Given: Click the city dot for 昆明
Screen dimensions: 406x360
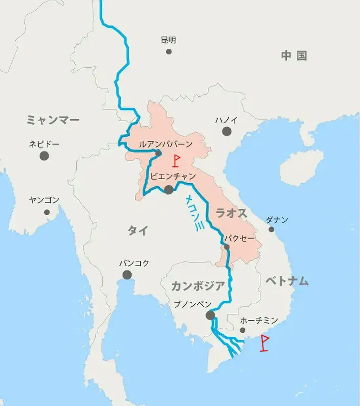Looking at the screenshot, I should [x=168, y=51].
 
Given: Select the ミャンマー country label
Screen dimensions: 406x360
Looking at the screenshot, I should [x=53, y=120].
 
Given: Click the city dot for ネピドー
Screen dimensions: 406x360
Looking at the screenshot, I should [x=44, y=156].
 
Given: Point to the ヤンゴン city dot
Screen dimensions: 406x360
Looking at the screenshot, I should [x=47, y=212].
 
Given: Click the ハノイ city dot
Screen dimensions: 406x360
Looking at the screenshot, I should [x=226, y=132].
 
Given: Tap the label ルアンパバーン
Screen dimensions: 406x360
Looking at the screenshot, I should [x=166, y=144].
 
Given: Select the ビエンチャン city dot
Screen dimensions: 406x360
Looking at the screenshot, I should [x=168, y=190].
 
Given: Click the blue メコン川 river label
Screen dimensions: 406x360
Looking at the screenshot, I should [x=194, y=214].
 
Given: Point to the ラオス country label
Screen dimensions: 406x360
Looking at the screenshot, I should [x=232, y=213].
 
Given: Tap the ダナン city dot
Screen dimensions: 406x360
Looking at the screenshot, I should [x=272, y=229].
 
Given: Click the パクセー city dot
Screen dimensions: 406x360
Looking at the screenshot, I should [x=226, y=247].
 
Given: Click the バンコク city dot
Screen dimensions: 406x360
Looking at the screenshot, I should [x=127, y=275].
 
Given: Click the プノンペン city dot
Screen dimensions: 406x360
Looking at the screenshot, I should [x=210, y=316].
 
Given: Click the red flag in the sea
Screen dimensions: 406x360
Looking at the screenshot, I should [x=264, y=343].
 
